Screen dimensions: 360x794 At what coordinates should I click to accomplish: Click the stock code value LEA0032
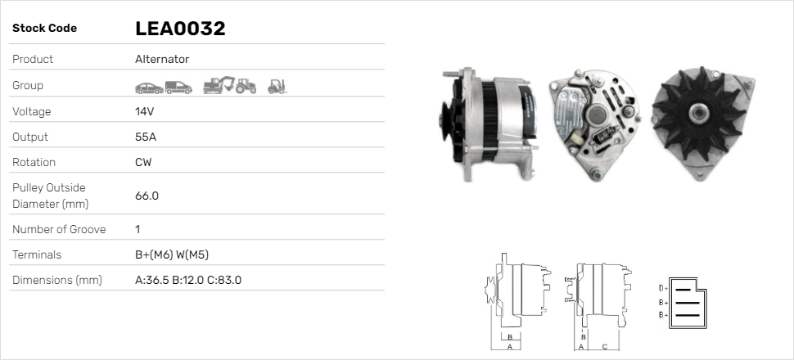[x=180, y=29]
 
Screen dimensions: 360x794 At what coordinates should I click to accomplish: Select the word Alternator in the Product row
[x=162, y=60]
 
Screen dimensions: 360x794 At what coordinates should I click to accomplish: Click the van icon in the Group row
[x=178, y=86]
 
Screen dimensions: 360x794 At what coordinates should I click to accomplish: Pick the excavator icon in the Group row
[x=218, y=85]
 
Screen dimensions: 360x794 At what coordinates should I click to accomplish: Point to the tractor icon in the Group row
[x=246, y=86]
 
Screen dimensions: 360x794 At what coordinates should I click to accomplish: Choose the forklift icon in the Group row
[x=277, y=86]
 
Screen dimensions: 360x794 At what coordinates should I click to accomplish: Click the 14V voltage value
[x=145, y=111]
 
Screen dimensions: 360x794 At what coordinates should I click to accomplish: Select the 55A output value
[x=145, y=137]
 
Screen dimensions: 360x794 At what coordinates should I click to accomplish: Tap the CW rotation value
[x=143, y=162]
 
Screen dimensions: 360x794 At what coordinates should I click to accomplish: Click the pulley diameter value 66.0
[x=147, y=196]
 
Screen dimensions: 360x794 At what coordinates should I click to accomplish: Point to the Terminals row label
[x=37, y=254]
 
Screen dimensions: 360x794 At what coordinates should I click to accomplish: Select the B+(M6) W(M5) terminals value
[x=177, y=254]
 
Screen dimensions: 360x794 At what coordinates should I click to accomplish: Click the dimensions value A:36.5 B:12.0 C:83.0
[x=187, y=280]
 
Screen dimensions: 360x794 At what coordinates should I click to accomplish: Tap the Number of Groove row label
[x=59, y=229]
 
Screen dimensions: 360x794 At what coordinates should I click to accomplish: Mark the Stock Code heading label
[x=44, y=29]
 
